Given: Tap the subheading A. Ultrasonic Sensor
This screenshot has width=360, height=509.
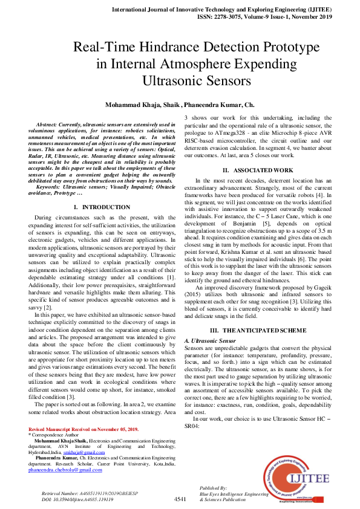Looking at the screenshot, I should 209,342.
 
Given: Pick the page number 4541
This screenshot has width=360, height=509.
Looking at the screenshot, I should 180,499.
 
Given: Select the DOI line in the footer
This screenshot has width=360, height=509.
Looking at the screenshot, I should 77,500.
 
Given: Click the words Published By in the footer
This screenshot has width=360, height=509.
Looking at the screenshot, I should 213,487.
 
